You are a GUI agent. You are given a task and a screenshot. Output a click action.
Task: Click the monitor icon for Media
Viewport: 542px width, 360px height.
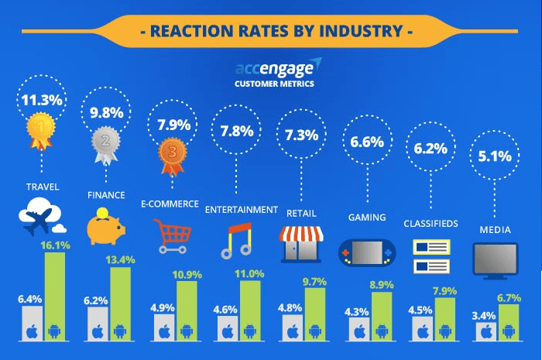point(495,260)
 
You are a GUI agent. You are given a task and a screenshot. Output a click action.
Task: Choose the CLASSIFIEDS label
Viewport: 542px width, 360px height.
point(431,224)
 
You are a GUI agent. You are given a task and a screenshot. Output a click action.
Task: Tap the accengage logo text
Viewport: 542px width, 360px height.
point(276,67)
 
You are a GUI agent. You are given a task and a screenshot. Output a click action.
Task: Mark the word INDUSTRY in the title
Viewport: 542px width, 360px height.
point(358,32)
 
